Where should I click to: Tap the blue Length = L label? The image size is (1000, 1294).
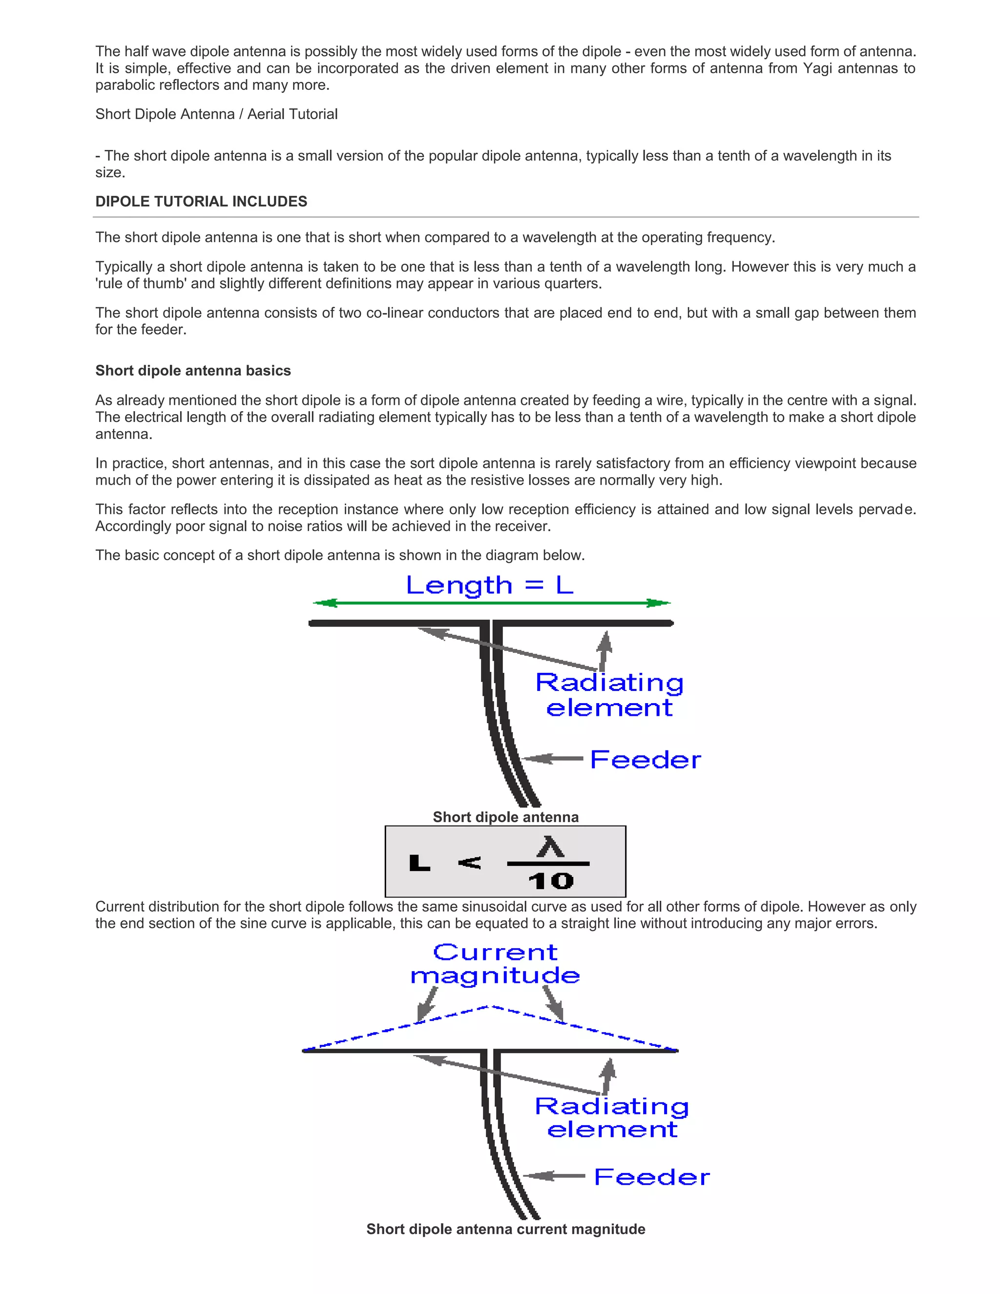coord(489,585)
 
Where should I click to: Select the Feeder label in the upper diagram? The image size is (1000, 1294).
coord(645,760)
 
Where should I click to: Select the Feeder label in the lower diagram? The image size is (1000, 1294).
coord(652,1177)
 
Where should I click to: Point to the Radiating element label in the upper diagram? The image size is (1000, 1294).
coord(609,695)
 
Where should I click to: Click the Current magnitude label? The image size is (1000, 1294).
coord(495,964)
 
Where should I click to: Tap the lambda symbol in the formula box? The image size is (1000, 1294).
coord(550,847)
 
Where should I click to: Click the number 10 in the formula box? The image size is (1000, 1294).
coord(551,881)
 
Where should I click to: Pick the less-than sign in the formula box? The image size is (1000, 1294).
coord(470,863)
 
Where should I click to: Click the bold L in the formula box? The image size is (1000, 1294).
coord(419,863)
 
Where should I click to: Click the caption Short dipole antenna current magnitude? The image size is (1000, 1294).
coord(505,1229)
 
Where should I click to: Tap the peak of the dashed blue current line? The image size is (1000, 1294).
coord(491,1007)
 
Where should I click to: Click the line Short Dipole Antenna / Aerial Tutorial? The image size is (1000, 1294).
coord(216,114)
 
